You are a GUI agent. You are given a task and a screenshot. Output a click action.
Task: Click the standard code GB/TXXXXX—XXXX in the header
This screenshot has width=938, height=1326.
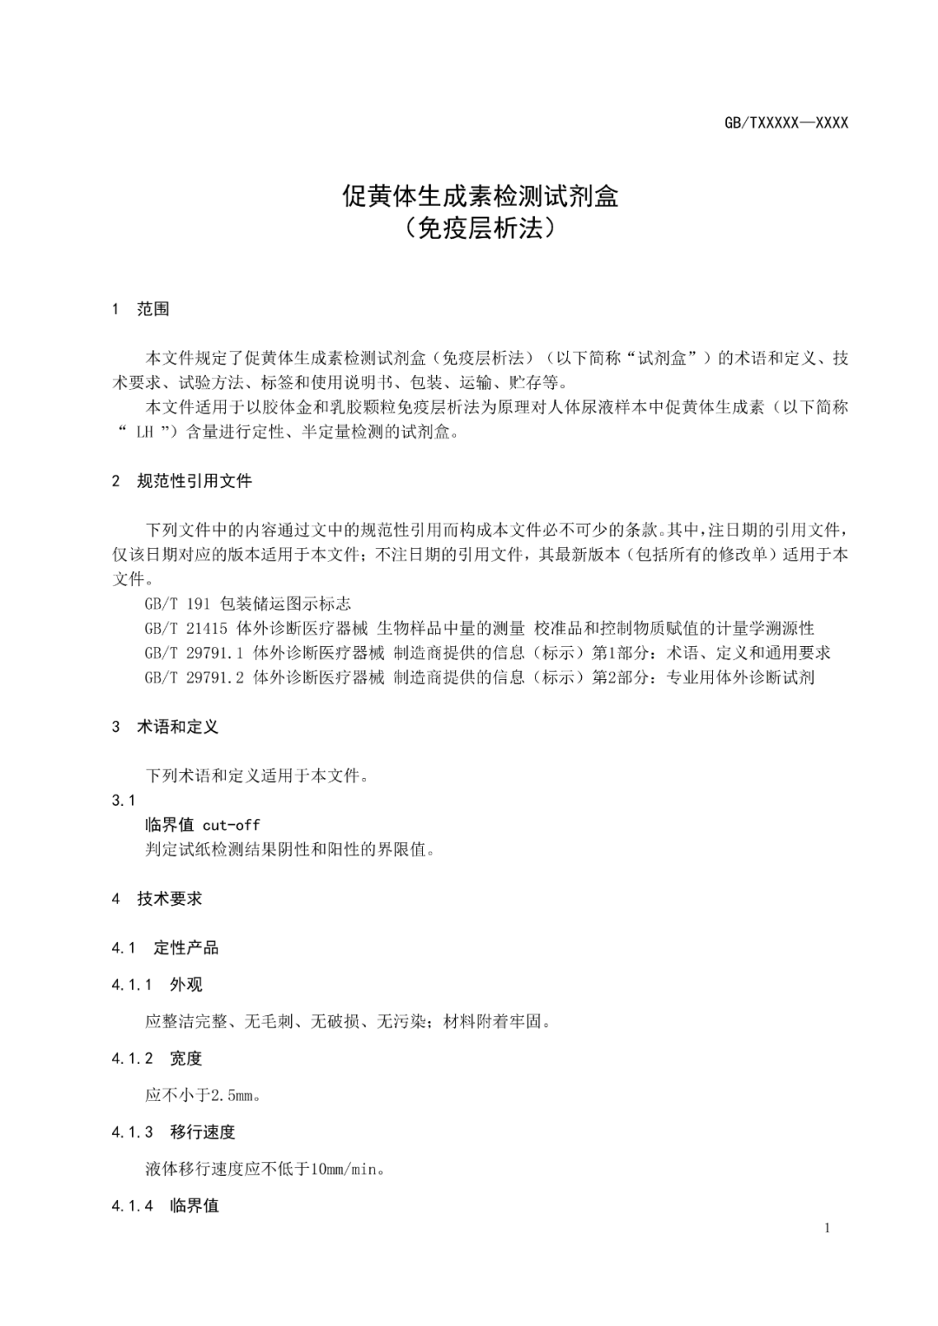click(x=786, y=123)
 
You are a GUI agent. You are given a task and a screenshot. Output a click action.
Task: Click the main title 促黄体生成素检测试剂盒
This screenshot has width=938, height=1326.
click(x=480, y=196)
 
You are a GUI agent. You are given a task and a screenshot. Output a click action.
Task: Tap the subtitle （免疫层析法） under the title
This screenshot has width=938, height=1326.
click(x=480, y=228)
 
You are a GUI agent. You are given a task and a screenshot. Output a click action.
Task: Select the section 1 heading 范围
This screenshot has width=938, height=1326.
click(x=153, y=309)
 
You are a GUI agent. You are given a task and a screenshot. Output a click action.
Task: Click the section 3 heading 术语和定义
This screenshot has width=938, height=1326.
click(x=177, y=727)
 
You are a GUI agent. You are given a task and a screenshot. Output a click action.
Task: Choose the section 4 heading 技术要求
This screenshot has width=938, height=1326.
click(x=169, y=899)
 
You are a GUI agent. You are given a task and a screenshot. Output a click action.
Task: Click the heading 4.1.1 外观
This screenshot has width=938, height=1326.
click(x=186, y=985)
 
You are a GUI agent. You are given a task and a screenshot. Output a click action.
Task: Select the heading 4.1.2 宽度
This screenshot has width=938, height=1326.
click(x=186, y=1059)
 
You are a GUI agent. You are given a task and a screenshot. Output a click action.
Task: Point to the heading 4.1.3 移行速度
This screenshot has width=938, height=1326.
click(x=202, y=1132)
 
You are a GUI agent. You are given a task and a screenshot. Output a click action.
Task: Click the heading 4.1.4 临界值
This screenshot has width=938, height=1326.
click(x=195, y=1206)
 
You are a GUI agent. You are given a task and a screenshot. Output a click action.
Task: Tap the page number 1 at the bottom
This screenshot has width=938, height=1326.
click(x=827, y=1228)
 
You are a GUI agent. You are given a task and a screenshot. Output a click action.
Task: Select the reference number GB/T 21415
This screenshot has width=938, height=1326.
click(x=186, y=628)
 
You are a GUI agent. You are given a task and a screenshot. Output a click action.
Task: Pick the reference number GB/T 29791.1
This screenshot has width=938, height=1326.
click(x=195, y=653)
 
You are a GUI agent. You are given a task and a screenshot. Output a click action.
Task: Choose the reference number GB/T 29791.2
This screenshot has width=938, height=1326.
click(x=195, y=677)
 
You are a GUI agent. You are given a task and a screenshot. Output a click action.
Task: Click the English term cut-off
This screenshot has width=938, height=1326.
click(x=231, y=825)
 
